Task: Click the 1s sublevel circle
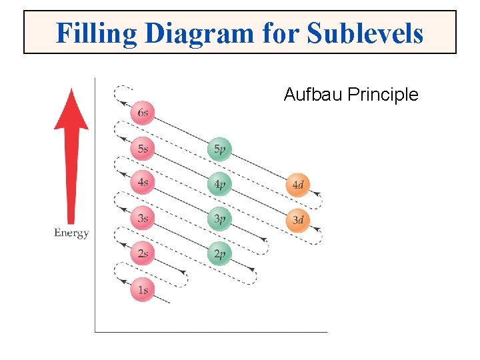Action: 142,289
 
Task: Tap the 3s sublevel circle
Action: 142,217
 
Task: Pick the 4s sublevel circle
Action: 142,183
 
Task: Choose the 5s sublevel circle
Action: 142,148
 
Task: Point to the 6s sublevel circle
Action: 142,113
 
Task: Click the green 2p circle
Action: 219,254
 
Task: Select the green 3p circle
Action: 219,219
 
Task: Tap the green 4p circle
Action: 219,183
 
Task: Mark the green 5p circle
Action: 219,149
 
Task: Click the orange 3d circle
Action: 297,220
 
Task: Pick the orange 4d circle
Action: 297,185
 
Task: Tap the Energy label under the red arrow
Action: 71,233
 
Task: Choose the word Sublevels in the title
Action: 365,32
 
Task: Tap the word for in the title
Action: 281,32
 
